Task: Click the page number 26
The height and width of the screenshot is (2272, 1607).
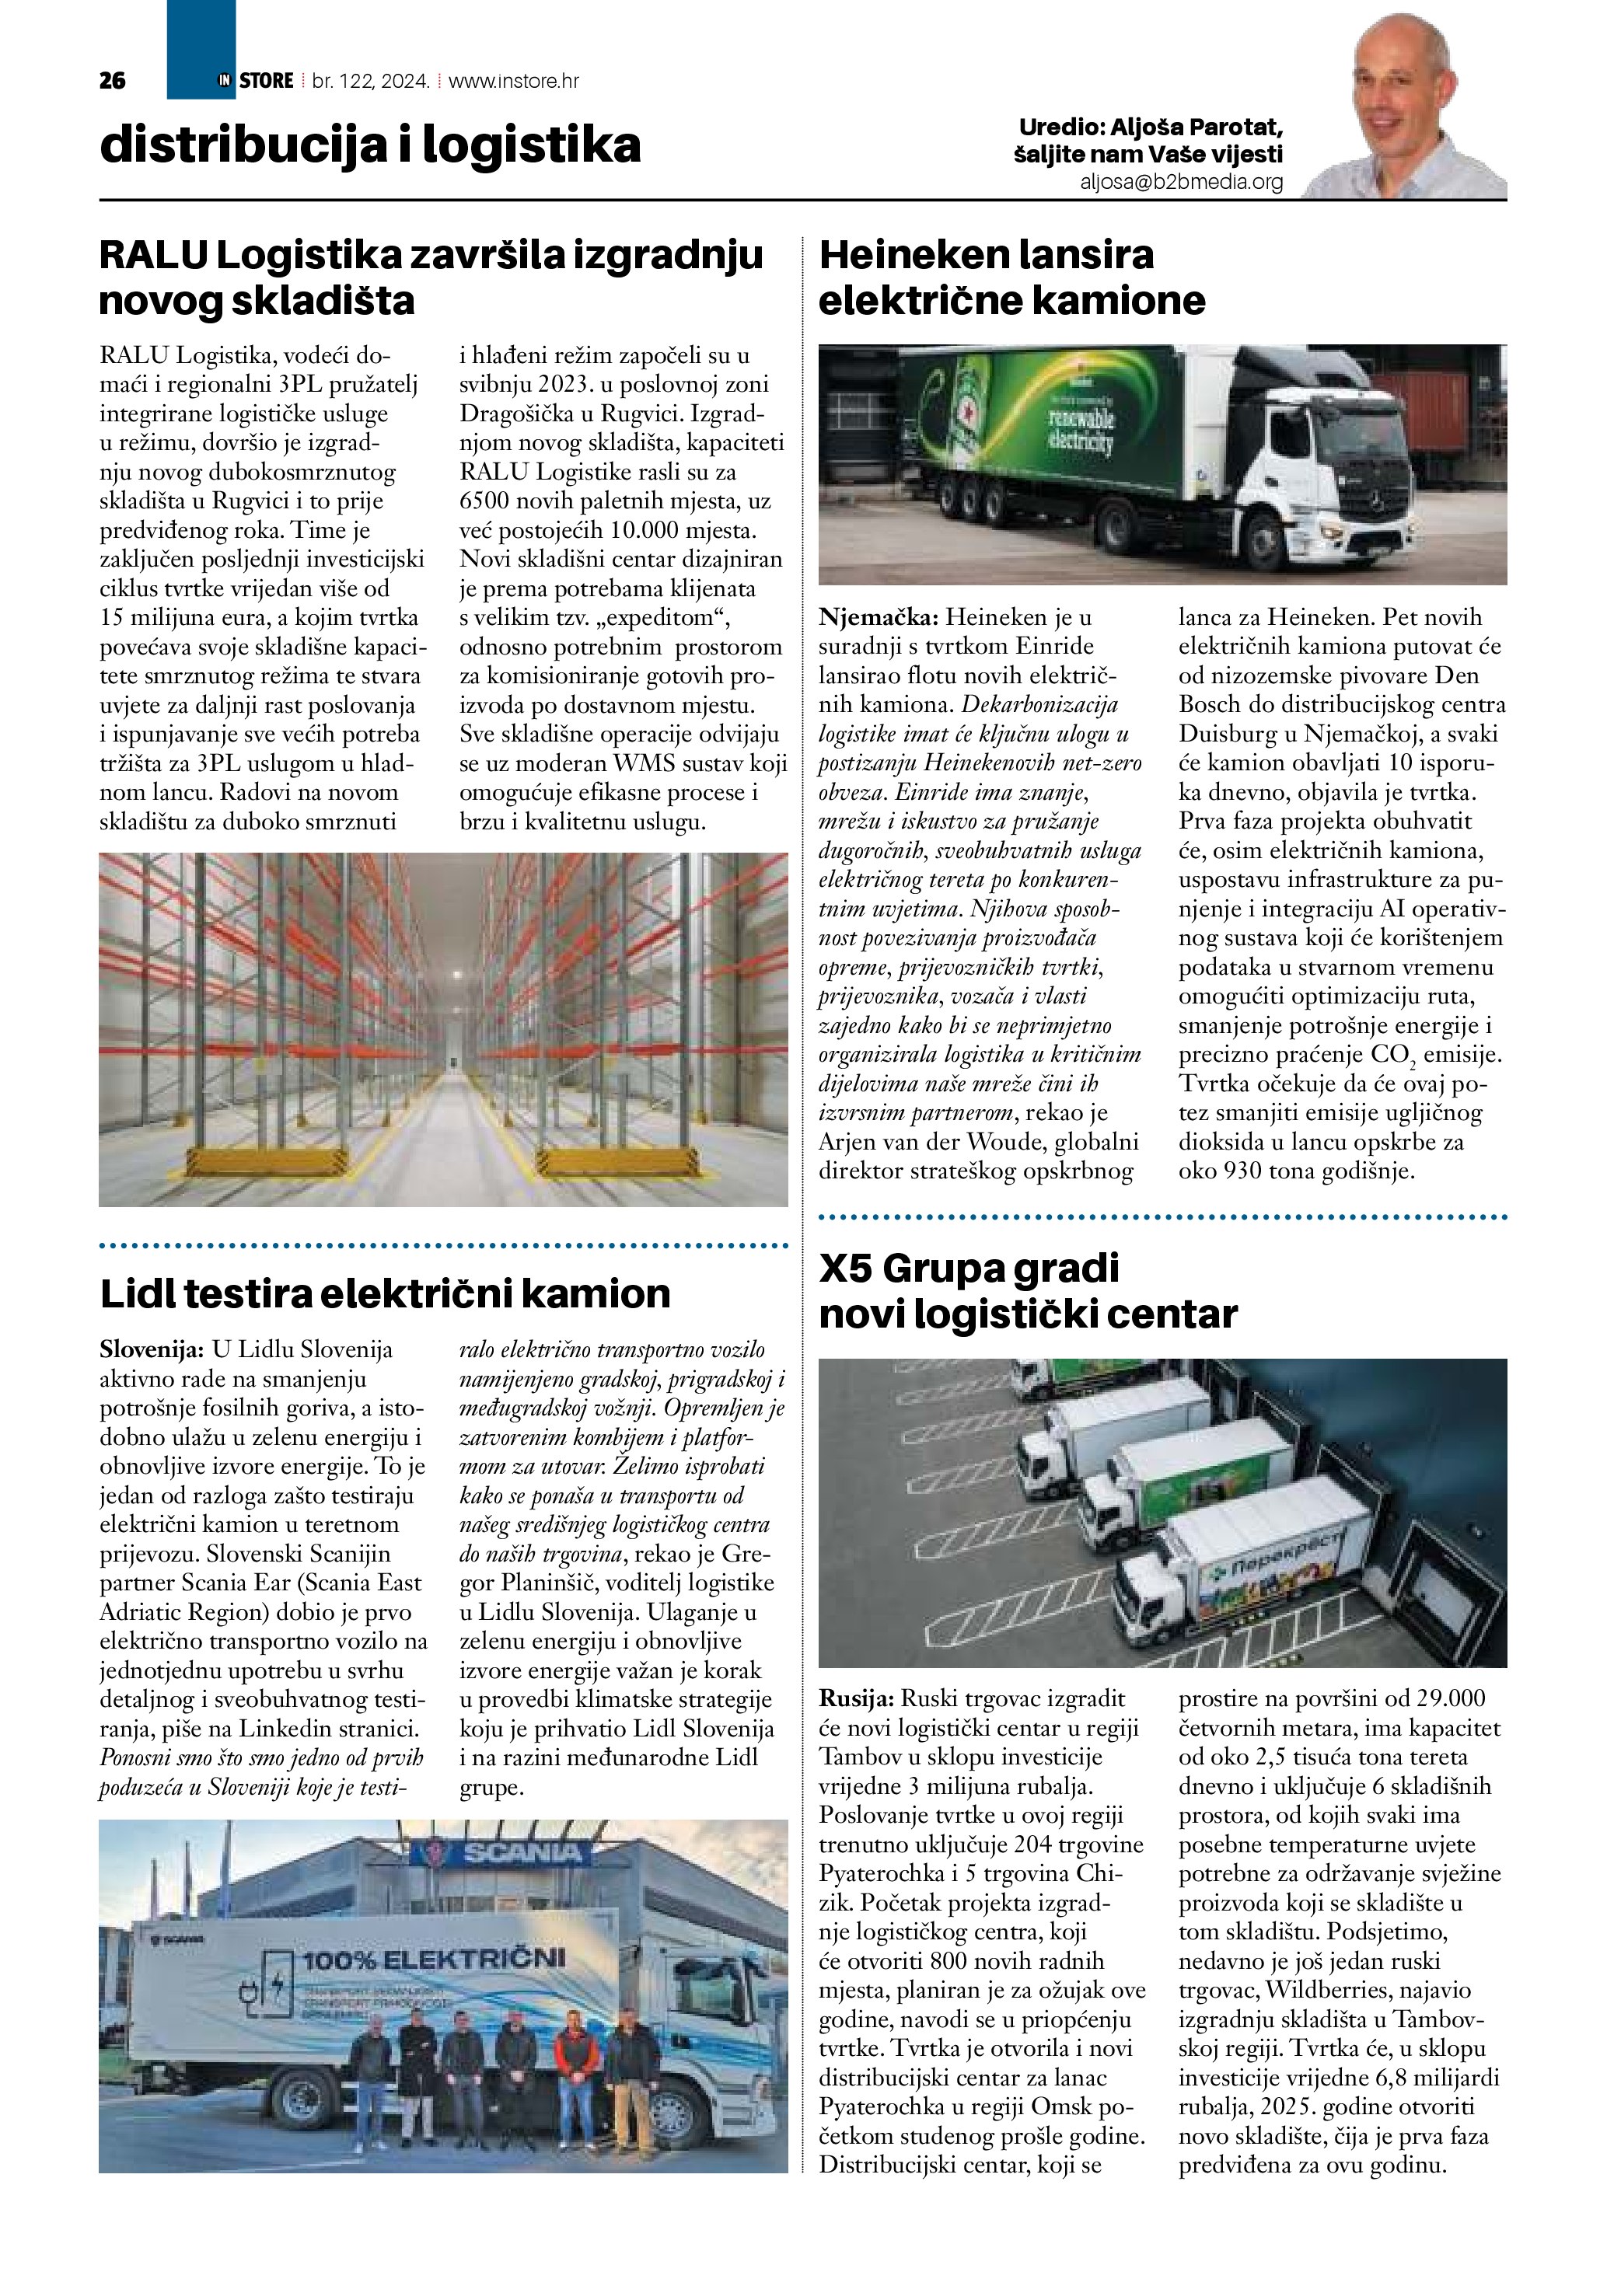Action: [113, 81]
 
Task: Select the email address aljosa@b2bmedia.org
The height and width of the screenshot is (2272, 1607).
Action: [1182, 182]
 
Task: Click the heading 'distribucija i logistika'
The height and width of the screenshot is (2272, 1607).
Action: [370, 145]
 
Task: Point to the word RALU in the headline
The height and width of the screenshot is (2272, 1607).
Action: [153, 255]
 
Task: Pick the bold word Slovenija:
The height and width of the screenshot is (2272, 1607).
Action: [152, 1349]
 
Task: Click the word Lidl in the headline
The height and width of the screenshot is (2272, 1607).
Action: [134, 1294]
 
